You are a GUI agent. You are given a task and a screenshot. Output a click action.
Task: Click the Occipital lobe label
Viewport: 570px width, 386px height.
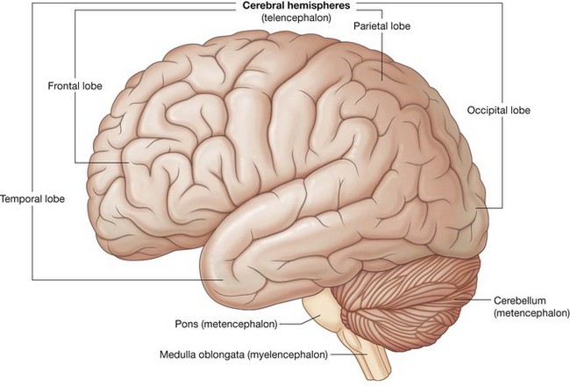[501, 111]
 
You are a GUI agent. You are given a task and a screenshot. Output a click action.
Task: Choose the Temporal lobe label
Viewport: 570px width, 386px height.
[33, 198]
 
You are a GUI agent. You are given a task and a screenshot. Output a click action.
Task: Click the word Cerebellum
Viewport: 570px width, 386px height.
[518, 299]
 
